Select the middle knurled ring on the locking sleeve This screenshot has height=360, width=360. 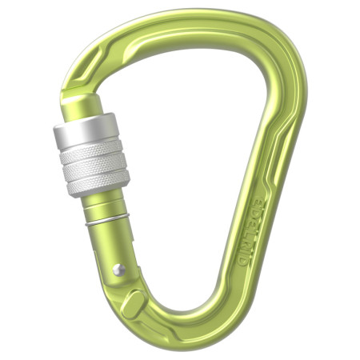94,166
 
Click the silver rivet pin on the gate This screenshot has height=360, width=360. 118,270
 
